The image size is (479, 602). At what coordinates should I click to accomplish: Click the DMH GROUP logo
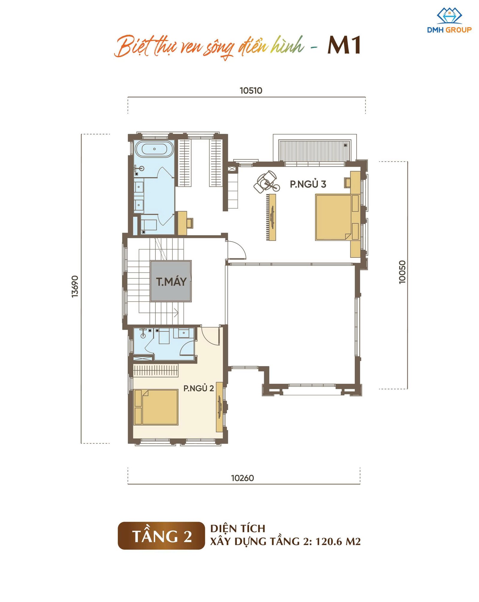tap(449, 20)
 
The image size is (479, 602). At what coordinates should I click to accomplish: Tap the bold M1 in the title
tap(344, 46)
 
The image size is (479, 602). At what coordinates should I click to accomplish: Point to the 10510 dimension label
tap(251, 90)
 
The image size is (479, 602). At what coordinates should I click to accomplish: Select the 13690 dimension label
tap(75, 286)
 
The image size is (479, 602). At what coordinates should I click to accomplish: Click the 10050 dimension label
tap(402, 272)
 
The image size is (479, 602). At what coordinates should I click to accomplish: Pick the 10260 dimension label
tap(242, 478)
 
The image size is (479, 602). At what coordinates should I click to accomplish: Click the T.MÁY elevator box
tap(171, 281)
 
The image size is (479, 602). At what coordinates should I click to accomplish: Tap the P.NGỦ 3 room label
tap(308, 184)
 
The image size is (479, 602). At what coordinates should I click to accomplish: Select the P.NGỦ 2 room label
tap(198, 388)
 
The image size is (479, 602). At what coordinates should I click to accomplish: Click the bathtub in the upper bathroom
tap(154, 149)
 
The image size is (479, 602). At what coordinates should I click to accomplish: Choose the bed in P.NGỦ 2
tap(156, 407)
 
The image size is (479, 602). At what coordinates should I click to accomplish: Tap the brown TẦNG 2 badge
tap(161, 536)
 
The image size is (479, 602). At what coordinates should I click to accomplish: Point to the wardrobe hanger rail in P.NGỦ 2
tap(156, 370)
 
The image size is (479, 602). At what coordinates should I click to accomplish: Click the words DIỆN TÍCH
tap(238, 528)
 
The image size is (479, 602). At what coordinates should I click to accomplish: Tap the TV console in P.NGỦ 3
tap(272, 217)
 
